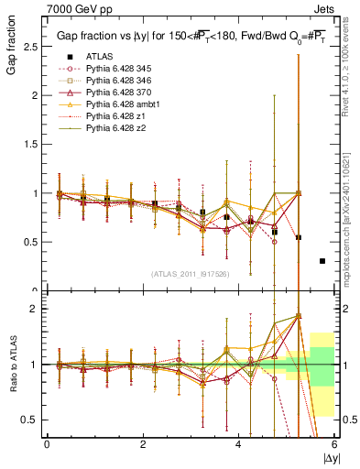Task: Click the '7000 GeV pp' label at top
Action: pyautogui.click(x=73, y=7)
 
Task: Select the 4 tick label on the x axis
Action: pyautogui.click(x=238, y=444)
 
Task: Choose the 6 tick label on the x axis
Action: pyautogui.click(x=334, y=444)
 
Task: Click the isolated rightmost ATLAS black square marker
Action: pyautogui.click(x=322, y=261)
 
